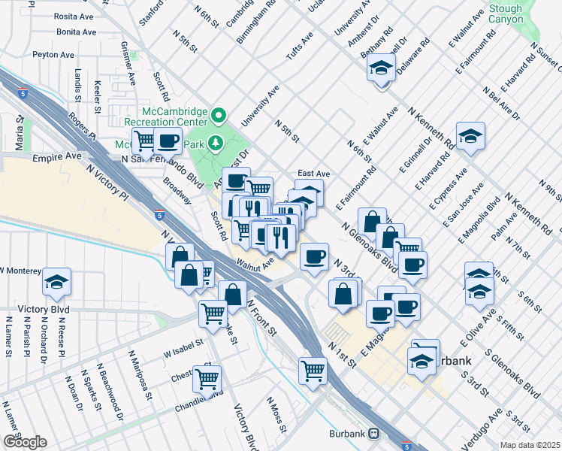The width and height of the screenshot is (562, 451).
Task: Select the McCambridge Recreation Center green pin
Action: (219, 115)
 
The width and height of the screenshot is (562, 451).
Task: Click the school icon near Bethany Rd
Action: (382, 70)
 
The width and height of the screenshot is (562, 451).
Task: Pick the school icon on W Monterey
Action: (56, 282)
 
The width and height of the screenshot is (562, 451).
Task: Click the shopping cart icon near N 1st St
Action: (313, 369)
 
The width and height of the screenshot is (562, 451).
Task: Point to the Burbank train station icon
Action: (373, 434)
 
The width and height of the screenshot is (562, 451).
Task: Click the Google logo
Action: (24, 442)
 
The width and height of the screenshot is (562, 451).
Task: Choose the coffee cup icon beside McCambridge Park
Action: (168, 140)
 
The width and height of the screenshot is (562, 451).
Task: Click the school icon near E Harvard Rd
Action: (470, 136)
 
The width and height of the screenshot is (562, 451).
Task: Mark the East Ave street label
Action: (313, 173)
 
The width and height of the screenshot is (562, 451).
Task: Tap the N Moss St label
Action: (274, 414)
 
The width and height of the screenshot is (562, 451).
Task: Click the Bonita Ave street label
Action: (75, 32)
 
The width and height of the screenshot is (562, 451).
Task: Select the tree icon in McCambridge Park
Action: (215, 142)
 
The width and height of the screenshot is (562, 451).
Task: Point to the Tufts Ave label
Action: (297, 48)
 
